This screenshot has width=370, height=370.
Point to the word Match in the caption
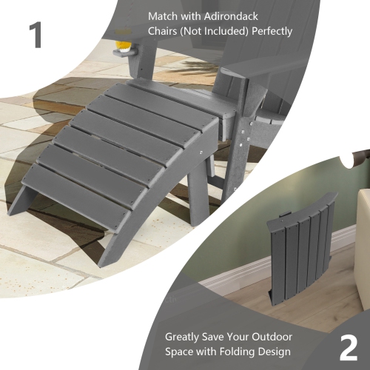pos(164,16)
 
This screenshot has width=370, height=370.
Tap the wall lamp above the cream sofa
pos(360,157)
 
